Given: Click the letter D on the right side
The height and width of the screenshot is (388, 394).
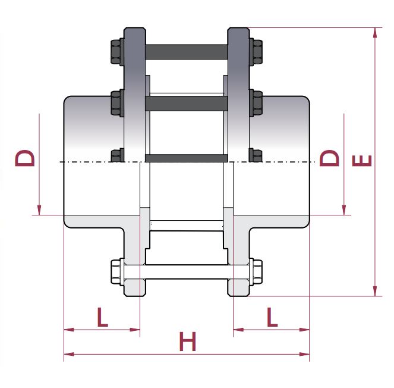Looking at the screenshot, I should pyautogui.click(x=330, y=158).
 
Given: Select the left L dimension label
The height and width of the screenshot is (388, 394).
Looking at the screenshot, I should pyautogui.click(x=102, y=317).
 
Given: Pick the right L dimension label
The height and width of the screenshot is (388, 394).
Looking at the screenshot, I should pyautogui.click(x=272, y=317).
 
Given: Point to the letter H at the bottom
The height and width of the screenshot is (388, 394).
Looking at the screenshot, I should pyautogui.click(x=187, y=343).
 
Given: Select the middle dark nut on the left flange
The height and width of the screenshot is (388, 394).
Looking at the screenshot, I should pyautogui.click(x=116, y=103).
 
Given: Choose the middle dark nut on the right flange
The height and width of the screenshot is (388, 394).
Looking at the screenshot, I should pyautogui.click(x=257, y=103).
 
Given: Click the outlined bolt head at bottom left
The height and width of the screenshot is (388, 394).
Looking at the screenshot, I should pyautogui.click(x=116, y=274).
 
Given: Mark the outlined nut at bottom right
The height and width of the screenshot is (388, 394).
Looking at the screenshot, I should pyautogui.click(x=256, y=274).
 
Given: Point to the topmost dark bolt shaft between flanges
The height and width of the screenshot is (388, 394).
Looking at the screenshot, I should pyautogui.click(x=186, y=51).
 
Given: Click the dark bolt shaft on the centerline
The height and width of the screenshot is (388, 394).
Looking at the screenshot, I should pyautogui.click(x=186, y=158).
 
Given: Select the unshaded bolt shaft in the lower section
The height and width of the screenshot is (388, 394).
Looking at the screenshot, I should pyautogui.click(x=186, y=274).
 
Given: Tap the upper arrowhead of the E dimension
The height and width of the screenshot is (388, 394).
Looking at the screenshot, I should pyautogui.click(x=375, y=32).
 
